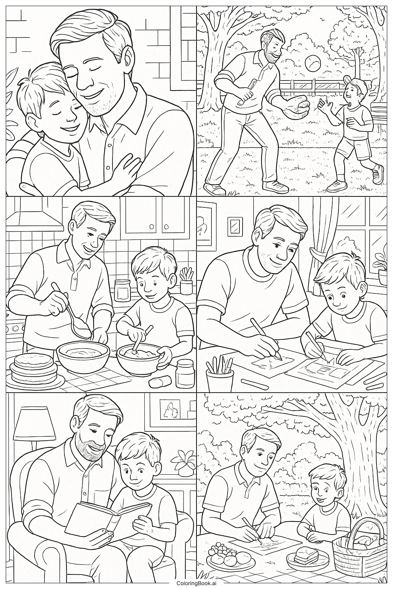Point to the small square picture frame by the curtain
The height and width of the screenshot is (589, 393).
pos(234,226)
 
